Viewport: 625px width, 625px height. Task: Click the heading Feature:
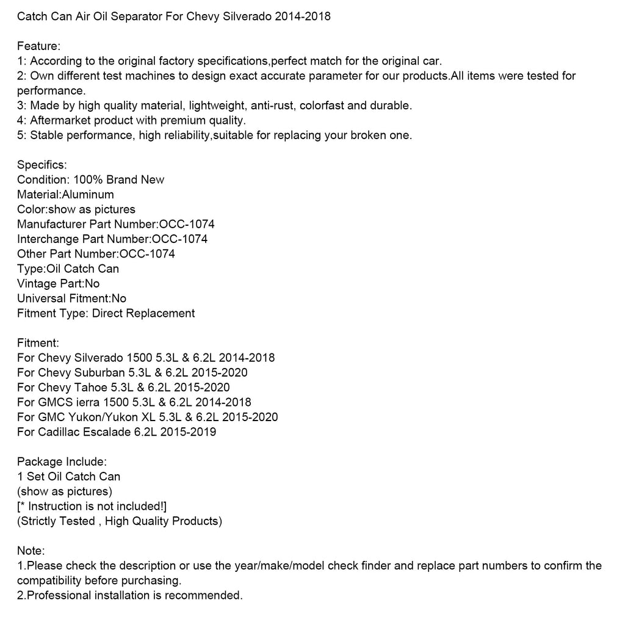pos(38,46)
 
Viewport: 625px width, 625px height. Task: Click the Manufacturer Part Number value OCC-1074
pos(187,224)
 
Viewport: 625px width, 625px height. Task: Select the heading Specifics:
pos(42,165)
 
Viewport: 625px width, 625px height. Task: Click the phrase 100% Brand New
pos(119,179)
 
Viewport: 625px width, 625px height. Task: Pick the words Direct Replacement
pos(143,313)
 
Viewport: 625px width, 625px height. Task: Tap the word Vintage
pos(36,284)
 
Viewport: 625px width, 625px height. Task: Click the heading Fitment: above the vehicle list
pos(38,343)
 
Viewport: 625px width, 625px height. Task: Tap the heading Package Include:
pos(62,461)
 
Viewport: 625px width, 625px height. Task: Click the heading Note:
pos(31,551)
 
